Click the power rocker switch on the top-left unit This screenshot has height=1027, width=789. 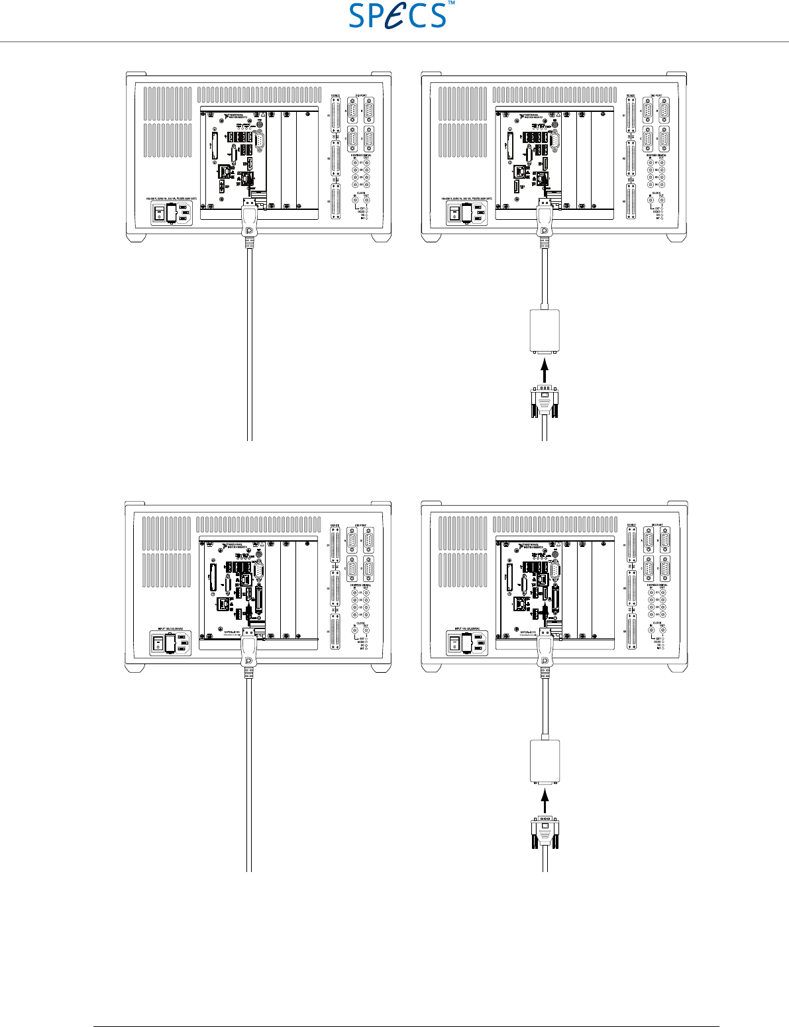159,213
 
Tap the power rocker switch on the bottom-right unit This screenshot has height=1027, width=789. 455,643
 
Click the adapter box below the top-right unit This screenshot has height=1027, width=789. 545,331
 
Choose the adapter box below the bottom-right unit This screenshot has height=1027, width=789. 545,761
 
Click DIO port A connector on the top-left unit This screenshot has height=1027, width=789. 352,111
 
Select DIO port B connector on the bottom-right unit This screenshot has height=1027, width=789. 664,540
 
